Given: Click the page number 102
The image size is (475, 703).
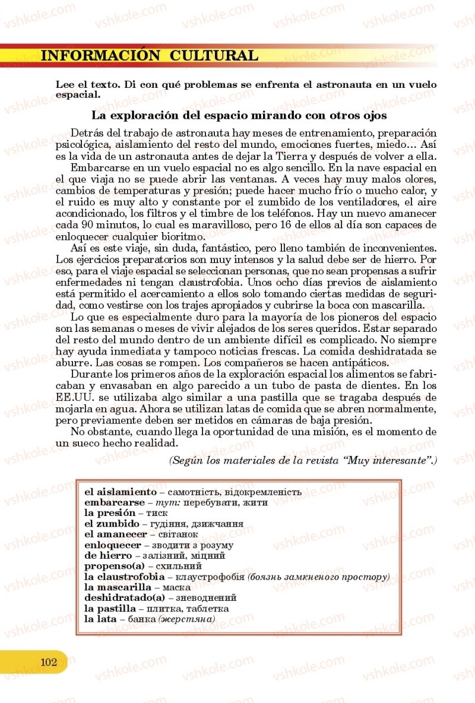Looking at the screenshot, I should [49, 662].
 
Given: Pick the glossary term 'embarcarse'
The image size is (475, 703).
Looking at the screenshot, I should [115, 502].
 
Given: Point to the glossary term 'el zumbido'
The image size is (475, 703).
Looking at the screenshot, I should [112, 524].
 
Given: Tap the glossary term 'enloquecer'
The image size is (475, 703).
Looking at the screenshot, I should [113, 545].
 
